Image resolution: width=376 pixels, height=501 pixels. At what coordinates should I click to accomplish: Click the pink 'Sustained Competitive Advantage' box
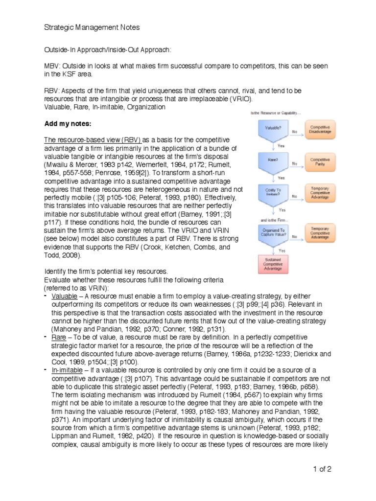pos(273,265)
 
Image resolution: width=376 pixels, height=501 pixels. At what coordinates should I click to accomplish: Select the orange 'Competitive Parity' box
pos(321,161)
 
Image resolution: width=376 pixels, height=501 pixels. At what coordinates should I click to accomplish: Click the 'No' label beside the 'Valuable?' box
pos(295,131)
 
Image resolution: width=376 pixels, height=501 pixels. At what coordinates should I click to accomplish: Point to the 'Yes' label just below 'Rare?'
pos(281,178)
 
